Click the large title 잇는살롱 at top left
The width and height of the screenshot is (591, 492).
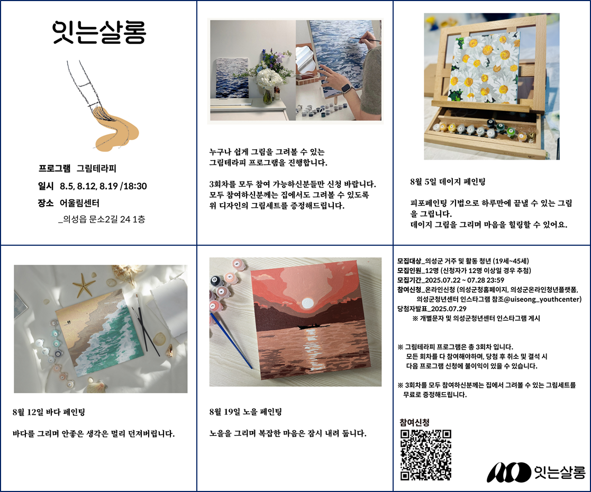(x=99, y=33)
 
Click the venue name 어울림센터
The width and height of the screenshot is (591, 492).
(x=80, y=203)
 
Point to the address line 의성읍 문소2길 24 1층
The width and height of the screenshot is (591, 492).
(x=102, y=219)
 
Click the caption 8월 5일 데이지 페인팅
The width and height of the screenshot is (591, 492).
(x=448, y=182)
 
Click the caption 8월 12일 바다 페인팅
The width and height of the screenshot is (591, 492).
(x=48, y=412)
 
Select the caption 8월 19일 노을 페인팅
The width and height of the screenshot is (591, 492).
(x=246, y=412)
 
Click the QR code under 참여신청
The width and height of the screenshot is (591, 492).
(x=425, y=454)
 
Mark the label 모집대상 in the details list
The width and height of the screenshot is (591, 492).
(x=409, y=261)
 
